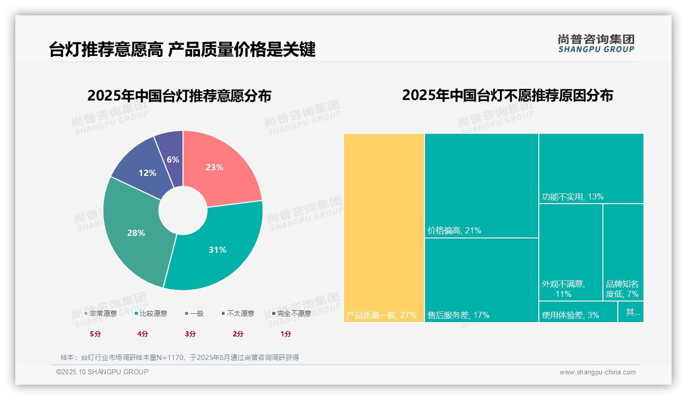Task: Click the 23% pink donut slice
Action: tap(218, 169)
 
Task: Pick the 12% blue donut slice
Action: tap(144, 169)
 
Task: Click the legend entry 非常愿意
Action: tap(103, 313)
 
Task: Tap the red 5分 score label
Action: tap(95, 334)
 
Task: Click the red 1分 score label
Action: tap(286, 334)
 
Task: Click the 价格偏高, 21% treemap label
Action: tap(454, 231)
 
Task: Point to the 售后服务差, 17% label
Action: tap(458, 315)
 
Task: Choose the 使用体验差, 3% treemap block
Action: tap(578, 312)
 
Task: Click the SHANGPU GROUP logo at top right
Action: tap(596, 44)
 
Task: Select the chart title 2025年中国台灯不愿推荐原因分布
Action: tap(507, 96)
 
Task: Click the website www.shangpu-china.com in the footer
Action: tap(597, 372)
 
